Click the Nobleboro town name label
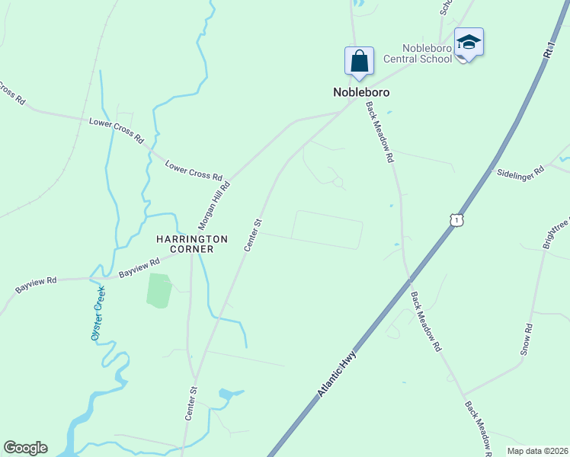pos(361,92)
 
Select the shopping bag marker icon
pos(359,61)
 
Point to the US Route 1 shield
pos(456,220)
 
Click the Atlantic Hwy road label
pos(337,372)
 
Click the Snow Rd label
pos(527,339)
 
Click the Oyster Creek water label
pos(98,318)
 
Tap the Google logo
pos(25,448)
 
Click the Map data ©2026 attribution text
pos(537,451)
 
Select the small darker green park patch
pos(159,290)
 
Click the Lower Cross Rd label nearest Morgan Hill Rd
pos(194,169)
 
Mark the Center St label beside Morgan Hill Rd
pos(254,235)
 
